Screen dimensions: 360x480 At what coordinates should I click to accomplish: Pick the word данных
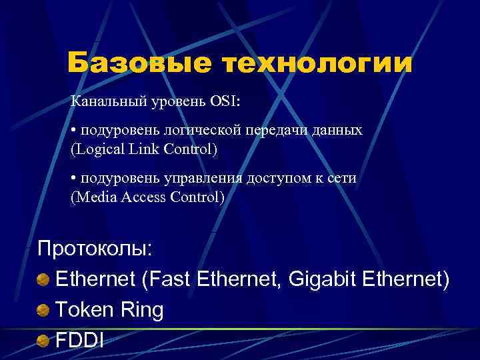point(338,130)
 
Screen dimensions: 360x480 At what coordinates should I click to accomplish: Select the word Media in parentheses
point(93,197)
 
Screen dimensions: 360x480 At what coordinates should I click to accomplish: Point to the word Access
point(142,197)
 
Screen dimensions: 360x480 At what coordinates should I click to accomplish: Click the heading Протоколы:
point(95,249)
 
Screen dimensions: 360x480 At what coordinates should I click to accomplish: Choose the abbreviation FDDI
point(79,340)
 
